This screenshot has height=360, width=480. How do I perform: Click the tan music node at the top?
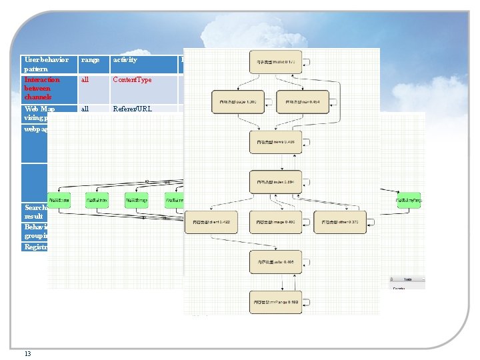pyautogui.click(x=275, y=62)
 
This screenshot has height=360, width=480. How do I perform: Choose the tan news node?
pyautogui.click(x=275, y=141)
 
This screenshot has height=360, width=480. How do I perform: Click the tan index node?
pyautogui.click(x=275, y=182)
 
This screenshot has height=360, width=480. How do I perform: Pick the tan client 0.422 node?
pyautogui.click(x=211, y=221)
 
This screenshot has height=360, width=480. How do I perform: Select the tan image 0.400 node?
pyautogui.click(x=275, y=221)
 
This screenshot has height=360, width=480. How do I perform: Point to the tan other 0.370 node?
pyautogui.click(x=340, y=221)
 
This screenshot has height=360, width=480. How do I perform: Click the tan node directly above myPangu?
pyautogui.click(x=275, y=262)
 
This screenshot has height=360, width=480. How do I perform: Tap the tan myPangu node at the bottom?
pyautogui.click(x=275, y=302)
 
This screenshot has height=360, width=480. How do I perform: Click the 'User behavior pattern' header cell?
pyautogui.click(x=47, y=64)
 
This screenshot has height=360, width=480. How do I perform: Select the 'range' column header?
pyautogui.click(x=91, y=60)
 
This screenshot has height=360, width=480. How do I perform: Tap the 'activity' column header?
pyautogui.click(x=125, y=60)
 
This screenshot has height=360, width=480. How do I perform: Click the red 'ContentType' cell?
pyautogui.click(x=133, y=80)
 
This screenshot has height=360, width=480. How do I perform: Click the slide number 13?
pyautogui.click(x=27, y=353)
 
